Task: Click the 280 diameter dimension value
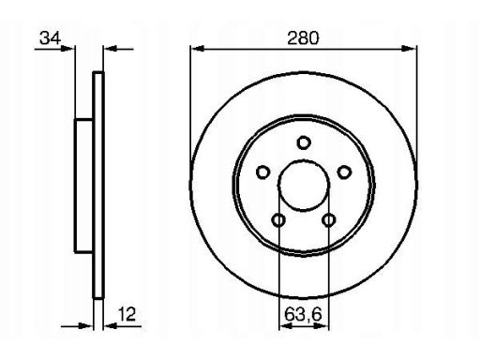click(303, 38)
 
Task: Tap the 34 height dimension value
click(50, 38)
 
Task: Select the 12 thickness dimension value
click(127, 314)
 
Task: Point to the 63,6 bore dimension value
click(303, 314)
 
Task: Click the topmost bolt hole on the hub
click(303, 142)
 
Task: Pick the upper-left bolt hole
click(262, 172)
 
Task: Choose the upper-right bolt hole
click(344, 172)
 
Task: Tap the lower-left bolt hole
click(278, 220)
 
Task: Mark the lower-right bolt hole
click(328, 220)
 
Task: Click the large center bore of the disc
click(303, 186)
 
